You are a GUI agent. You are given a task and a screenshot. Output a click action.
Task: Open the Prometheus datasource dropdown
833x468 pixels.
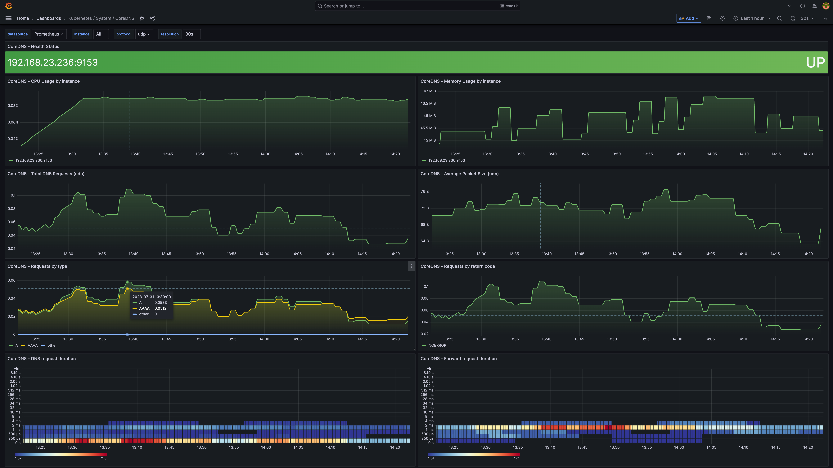48,34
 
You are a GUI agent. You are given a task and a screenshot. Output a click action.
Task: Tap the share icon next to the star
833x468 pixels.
152,18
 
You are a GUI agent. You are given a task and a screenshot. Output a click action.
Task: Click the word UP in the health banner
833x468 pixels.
815,62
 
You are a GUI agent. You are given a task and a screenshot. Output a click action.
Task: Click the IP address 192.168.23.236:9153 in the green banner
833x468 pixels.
53,62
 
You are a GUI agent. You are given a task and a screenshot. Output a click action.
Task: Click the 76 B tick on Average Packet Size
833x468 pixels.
425,192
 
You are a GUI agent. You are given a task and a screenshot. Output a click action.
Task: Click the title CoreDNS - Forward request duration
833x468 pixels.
458,358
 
